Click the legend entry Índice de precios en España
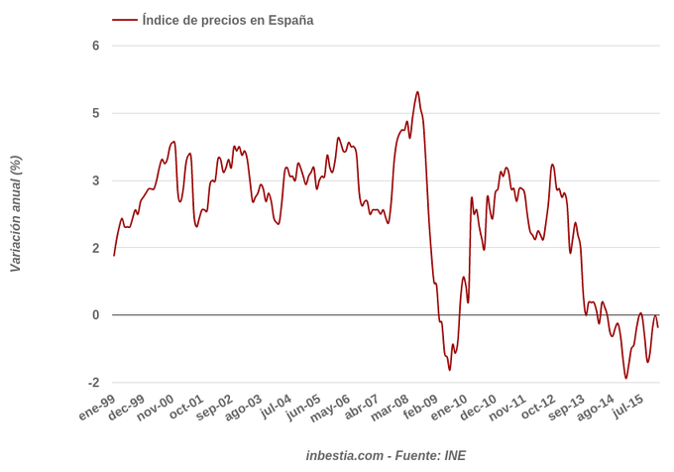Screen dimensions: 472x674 click(x=227, y=20)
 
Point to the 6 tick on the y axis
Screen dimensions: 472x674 click(x=96, y=46)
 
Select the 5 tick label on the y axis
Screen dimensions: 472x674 click(x=96, y=113)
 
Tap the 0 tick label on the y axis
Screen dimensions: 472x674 click(x=96, y=315)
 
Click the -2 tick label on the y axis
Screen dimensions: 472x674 click(x=93, y=383)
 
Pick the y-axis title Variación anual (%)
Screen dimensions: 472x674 click(x=15, y=213)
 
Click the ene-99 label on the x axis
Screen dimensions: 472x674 click(x=96, y=408)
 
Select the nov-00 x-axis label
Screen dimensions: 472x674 click(x=156, y=408)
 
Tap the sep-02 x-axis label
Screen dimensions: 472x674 click(x=215, y=408)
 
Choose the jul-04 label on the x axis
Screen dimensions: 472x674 click(x=276, y=408)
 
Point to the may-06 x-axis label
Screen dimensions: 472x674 click(x=331, y=408)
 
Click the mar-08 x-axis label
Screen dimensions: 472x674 click(x=390, y=408)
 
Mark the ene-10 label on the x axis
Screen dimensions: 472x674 click(x=448, y=408)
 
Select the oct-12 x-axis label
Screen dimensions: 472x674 click(x=538, y=408)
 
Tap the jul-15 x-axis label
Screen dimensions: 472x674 click(x=627, y=408)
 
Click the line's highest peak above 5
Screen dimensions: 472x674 click(x=417, y=92)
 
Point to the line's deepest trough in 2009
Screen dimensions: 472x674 click(x=449, y=370)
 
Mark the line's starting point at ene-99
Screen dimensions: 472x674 click(x=114, y=256)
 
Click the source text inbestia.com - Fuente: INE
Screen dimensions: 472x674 click(x=386, y=455)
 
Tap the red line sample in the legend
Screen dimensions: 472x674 click(x=125, y=20)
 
